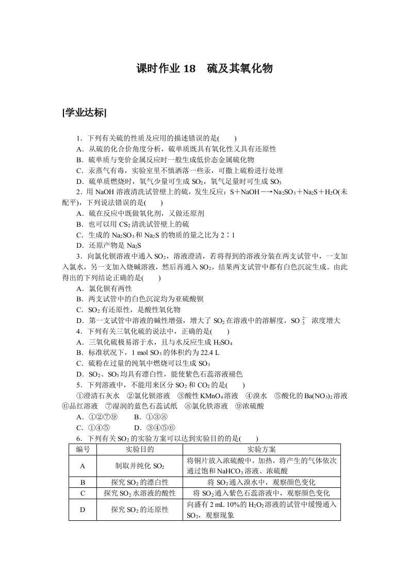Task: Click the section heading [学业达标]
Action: (x=84, y=113)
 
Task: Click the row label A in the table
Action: (x=83, y=466)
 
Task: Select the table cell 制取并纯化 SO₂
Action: (x=140, y=466)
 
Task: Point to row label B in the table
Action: (x=83, y=483)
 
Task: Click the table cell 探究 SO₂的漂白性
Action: (x=140, y=483)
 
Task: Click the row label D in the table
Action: (x=83, y=509)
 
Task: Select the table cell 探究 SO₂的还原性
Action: (x=140, y=509)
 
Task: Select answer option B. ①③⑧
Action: (x=149, y=416)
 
